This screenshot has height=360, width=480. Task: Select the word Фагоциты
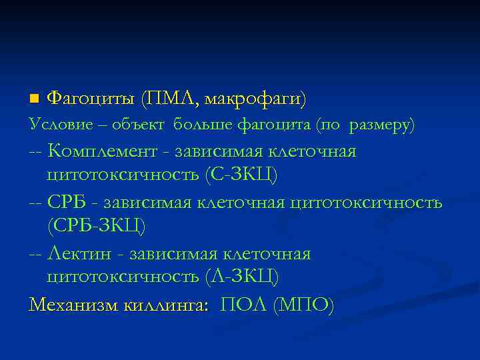point(92,99)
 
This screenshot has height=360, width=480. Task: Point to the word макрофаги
point(255,100)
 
